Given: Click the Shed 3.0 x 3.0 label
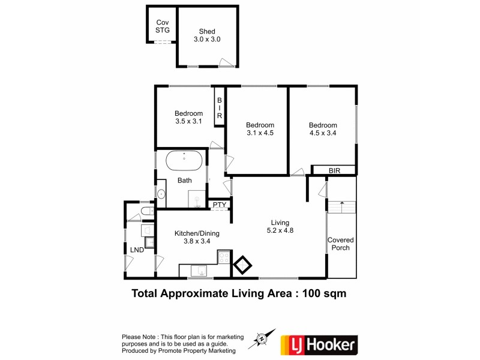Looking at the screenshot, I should pos(207,35).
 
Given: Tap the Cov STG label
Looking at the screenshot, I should pos(162,26).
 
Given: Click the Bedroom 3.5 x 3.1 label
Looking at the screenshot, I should pos(188,117).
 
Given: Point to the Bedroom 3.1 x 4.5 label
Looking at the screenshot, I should pos(260,129).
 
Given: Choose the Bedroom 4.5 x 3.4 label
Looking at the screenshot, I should pos(322,129).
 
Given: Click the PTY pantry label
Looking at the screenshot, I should pos(219,205).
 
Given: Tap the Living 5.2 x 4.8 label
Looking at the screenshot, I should pos(280,226).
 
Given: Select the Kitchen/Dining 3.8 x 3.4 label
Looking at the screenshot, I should pos(192,238).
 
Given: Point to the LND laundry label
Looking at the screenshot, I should pos(137,250).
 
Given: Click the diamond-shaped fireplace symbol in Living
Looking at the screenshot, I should pos(243,266).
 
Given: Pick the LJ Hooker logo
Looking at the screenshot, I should pos(319,344).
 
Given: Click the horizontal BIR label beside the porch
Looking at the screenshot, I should pos(334,171).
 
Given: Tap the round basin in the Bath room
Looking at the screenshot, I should pos(161,193).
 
